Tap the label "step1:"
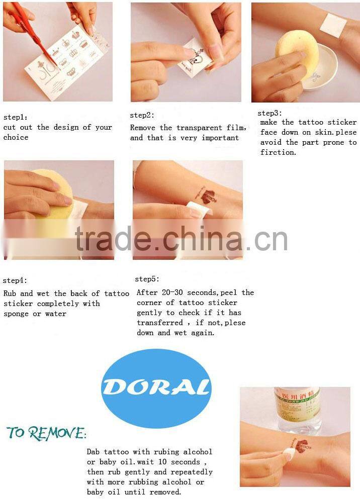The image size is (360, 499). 15,117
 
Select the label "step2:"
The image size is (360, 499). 142,115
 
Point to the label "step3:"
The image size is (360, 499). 269,113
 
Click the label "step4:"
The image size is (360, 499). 15,280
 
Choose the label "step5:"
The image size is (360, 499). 147,279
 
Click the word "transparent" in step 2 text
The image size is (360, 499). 199,128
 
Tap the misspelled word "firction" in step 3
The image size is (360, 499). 278,152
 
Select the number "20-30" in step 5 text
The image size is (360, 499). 172,292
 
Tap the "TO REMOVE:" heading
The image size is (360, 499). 46,433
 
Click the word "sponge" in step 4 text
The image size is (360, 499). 16,314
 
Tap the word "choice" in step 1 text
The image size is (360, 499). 16,137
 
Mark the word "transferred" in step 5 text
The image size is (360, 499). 160,323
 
